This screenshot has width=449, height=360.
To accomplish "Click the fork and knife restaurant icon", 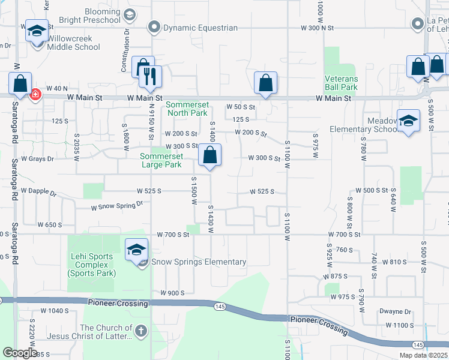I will [x=149, y=76].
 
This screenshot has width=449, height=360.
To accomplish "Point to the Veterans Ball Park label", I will [x=341, y=83].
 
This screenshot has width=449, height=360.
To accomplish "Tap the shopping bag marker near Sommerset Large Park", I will [x=209, y=157].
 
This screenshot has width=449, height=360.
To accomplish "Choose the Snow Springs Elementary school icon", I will [x=136, y=250].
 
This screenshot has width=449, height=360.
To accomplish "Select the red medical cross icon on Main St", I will [x=35, y=95].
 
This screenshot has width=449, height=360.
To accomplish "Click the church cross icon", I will [x=140, y=331].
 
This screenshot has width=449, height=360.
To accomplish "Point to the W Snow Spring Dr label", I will [x=117, y=206].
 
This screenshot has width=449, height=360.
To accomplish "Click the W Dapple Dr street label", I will [x=38, y=193].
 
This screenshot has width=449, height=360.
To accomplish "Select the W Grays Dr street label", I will [x=37, y=159].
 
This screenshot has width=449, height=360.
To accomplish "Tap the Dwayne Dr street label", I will [x=395, y=312].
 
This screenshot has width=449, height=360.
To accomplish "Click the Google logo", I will [x=20, y=353].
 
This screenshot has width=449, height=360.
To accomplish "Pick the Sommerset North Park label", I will [x=187, y=109].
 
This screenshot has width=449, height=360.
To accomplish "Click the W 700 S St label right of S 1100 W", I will [x=344, y=235].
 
